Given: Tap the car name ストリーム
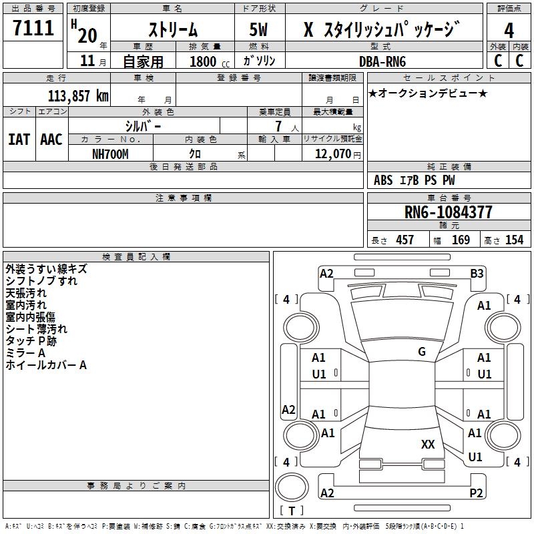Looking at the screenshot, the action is pos(172,29).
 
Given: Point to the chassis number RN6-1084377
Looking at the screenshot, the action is pos(449,213).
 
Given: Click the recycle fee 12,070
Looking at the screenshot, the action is pos(332,154).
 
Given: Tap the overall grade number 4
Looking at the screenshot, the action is pos(509,30).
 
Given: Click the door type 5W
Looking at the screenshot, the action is pos(260,29).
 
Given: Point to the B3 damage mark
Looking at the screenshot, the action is pos(477,273).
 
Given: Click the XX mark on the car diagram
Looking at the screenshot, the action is pos(428,444).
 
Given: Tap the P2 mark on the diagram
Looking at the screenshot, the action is pos(476,493).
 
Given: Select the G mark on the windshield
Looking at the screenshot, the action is pos(422,352).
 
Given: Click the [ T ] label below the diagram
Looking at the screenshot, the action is pos(292,511).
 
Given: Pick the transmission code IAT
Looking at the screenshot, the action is pos(19,140).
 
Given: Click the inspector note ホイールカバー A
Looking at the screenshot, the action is pos(46,365).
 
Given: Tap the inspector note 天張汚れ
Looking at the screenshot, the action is pos(27,293).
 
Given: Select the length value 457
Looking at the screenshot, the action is pos(405,240).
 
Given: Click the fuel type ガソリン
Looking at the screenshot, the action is pos(260,61).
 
